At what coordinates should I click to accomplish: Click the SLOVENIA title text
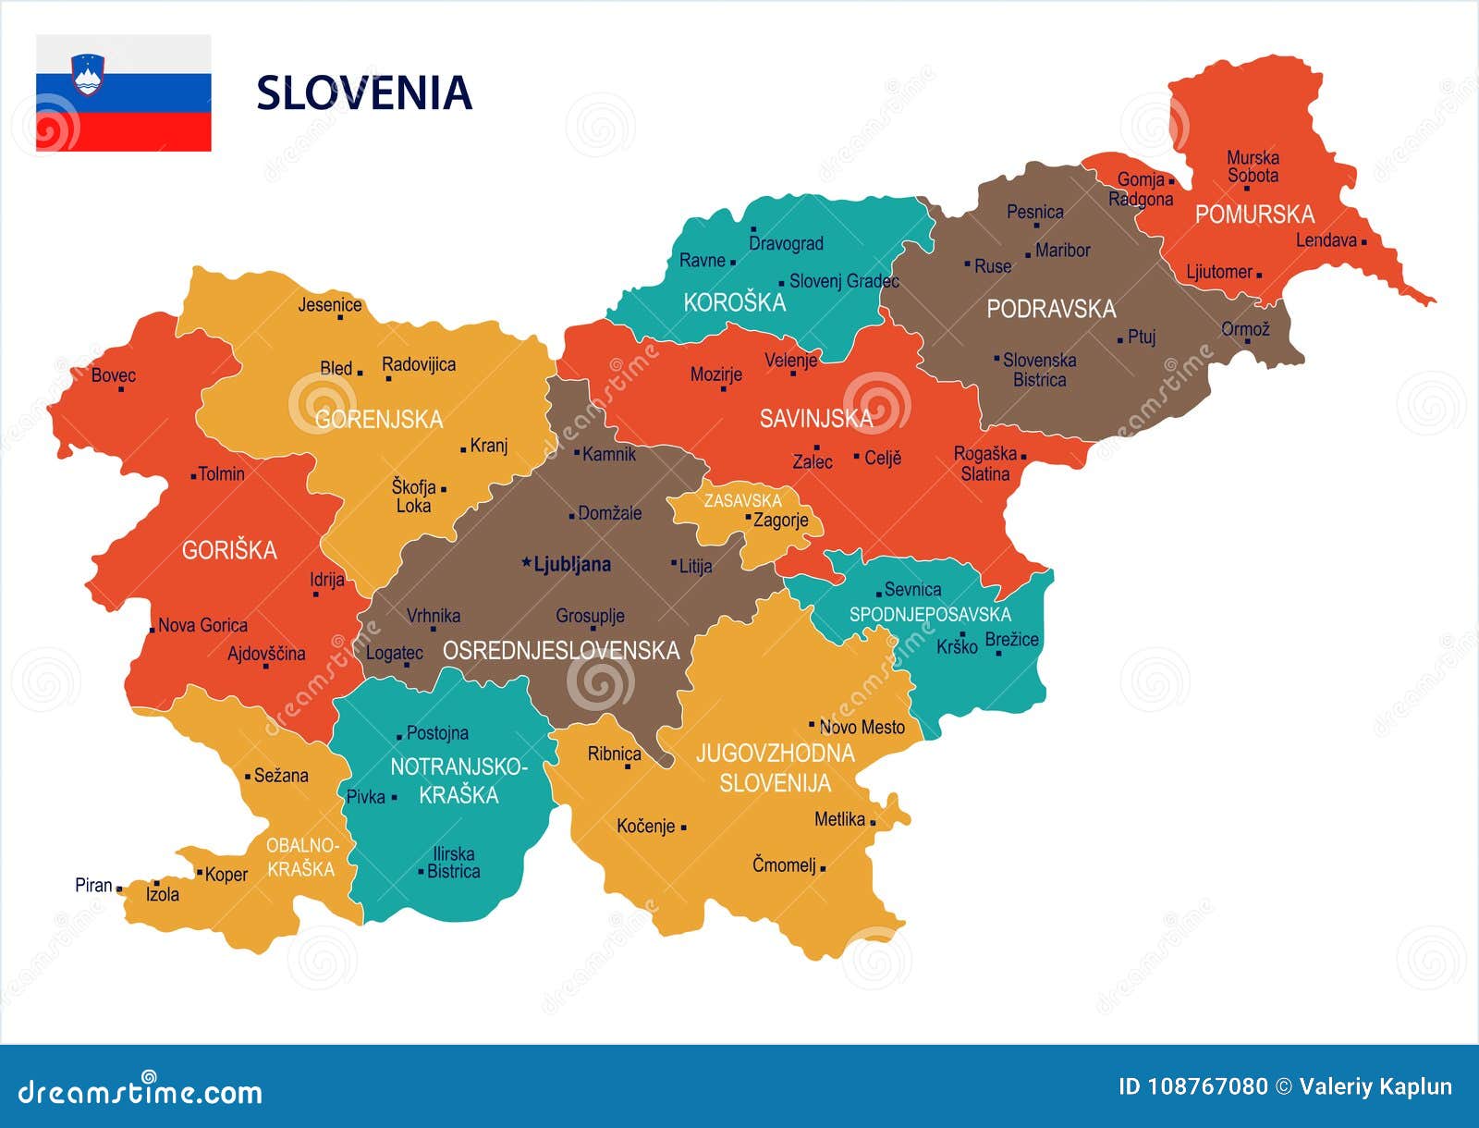(x=363, y=93)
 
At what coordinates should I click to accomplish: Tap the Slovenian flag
(x=123, y=93)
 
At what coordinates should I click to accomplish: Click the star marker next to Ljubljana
(x=527, y=562)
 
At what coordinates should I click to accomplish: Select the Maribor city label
(x=1062, y=251)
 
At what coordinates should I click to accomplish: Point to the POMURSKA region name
(x=1254, y=215)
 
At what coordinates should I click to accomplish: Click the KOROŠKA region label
(x=734, y=302)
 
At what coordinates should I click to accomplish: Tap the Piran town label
(x=93, y=885)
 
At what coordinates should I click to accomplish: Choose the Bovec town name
(x=113, y=375)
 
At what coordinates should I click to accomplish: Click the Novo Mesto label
(x=862, y=728)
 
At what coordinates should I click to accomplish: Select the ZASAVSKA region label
(x=742, y=500)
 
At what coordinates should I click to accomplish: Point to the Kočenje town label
(x=646, y=826)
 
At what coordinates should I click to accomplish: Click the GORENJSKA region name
(x=379, y=420)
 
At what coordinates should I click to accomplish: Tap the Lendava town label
(x=1326, y=240)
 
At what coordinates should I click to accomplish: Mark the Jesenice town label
(x=329, y=305)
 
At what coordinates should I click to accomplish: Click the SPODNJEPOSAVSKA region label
(x=930, y=614)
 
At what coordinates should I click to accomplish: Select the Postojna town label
(x=437, y=733)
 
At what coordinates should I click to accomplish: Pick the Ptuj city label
(x=1142, y=337)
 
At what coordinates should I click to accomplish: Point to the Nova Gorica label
(x=202, y=626)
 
